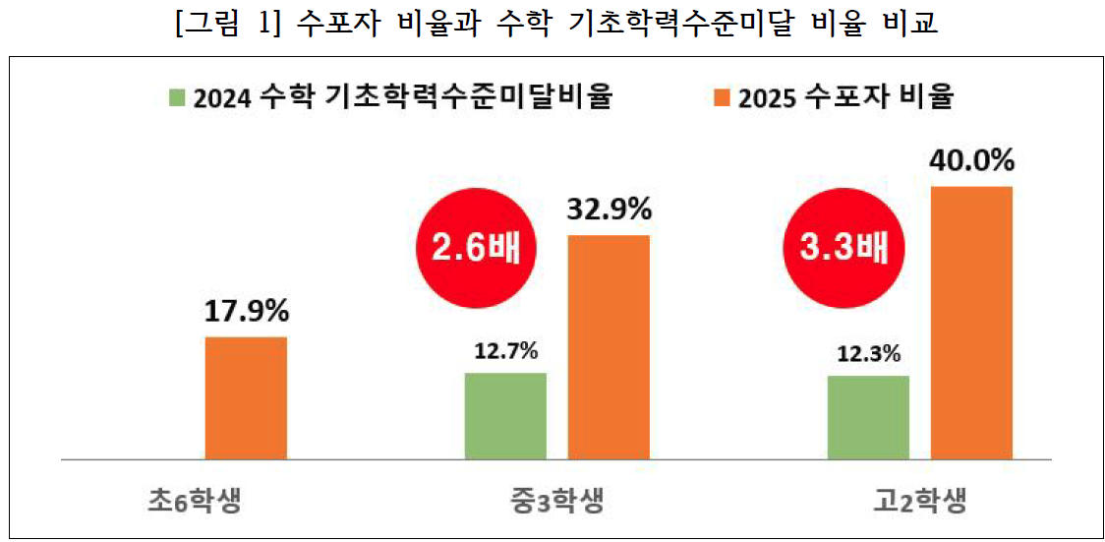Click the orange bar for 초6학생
point(246,397)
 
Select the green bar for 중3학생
point(505,416)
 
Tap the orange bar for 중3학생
point(609,347)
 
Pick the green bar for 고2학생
point(868,417)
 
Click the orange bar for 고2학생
point(971,323)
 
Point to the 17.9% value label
point(247,312)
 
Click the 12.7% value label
point(506,351)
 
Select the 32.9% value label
point(610,209)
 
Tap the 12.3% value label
point(869,353)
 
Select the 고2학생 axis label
point(919,501)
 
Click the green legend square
point(177,97)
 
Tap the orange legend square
point(722,97)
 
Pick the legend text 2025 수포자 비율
point(847,97)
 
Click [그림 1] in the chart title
point(223,24)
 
